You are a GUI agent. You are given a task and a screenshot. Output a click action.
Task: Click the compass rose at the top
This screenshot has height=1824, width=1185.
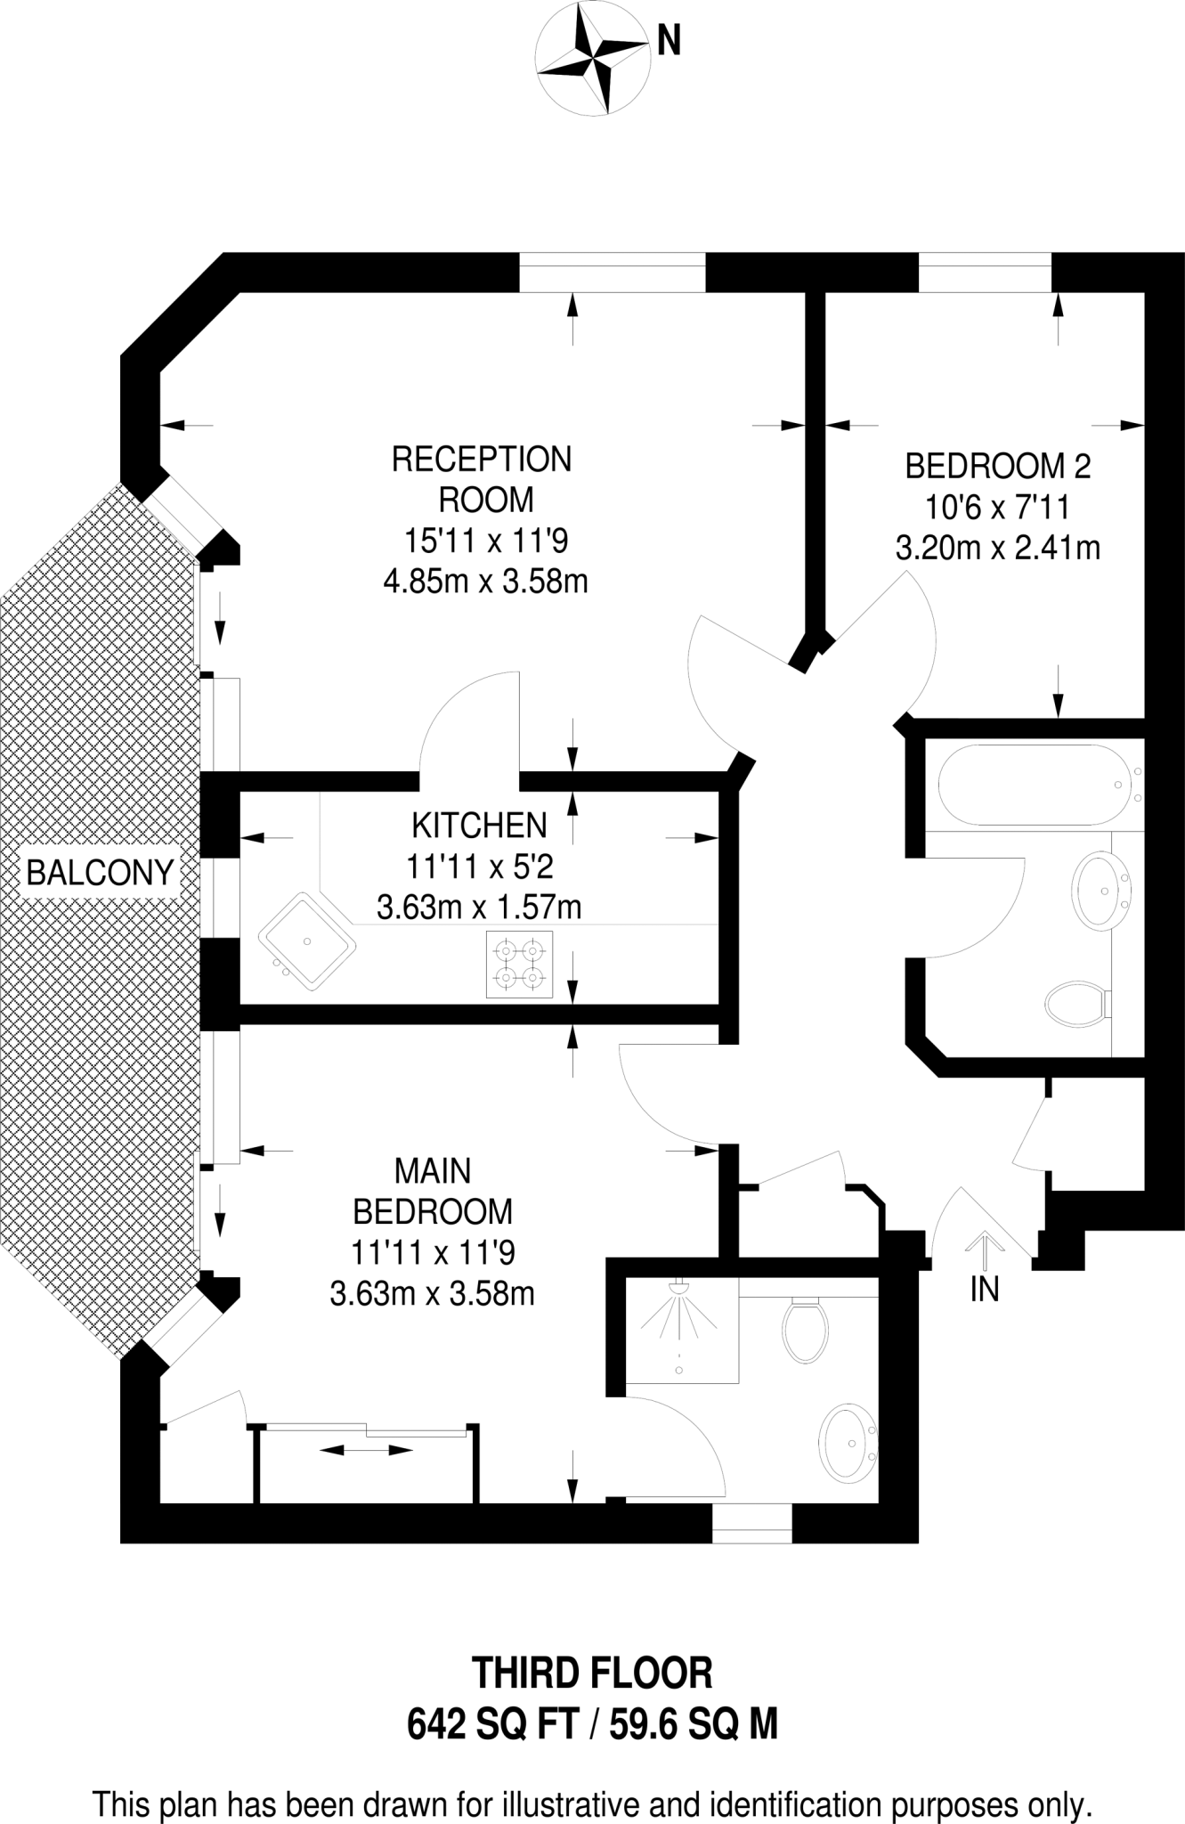[x=594, y=60]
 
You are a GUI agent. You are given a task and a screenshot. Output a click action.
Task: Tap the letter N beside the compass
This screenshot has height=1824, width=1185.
[x=669, y=41]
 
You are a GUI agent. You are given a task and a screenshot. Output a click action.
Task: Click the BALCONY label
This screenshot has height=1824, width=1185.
[x=100, y=872]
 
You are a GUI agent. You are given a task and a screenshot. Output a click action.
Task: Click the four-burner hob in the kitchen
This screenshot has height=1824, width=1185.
[x=519, y=965]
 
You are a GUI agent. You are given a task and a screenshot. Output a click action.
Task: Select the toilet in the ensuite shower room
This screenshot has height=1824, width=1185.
[x=805, y=1329]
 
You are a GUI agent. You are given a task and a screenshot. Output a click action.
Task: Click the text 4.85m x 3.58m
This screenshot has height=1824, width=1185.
[x=485, y=582]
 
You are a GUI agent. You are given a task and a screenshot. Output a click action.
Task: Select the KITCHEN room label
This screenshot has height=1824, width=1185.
[x=479, y=826]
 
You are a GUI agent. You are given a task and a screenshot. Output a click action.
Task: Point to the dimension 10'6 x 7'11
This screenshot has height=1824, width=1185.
[x=997, y=507]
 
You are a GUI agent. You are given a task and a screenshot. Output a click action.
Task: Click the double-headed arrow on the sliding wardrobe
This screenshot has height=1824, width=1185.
[x=366, y=1451]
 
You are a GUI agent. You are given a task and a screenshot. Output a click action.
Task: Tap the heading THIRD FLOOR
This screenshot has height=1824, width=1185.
[x=592, y=1673]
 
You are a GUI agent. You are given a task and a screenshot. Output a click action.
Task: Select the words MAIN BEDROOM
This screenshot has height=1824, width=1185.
[x=433, y=1191]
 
